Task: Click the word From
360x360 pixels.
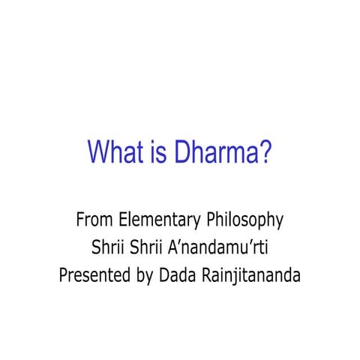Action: pyautogui.click(x=94, y=220)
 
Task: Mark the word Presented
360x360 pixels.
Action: pyautogui.click(x=92, y=274)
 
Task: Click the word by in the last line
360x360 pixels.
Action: pyautogui.click(x=142, y=276)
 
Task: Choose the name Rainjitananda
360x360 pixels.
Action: pyautogui.click(x=250, y=275)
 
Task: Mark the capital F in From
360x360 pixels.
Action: pyautogui.click(x=80, y=220)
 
